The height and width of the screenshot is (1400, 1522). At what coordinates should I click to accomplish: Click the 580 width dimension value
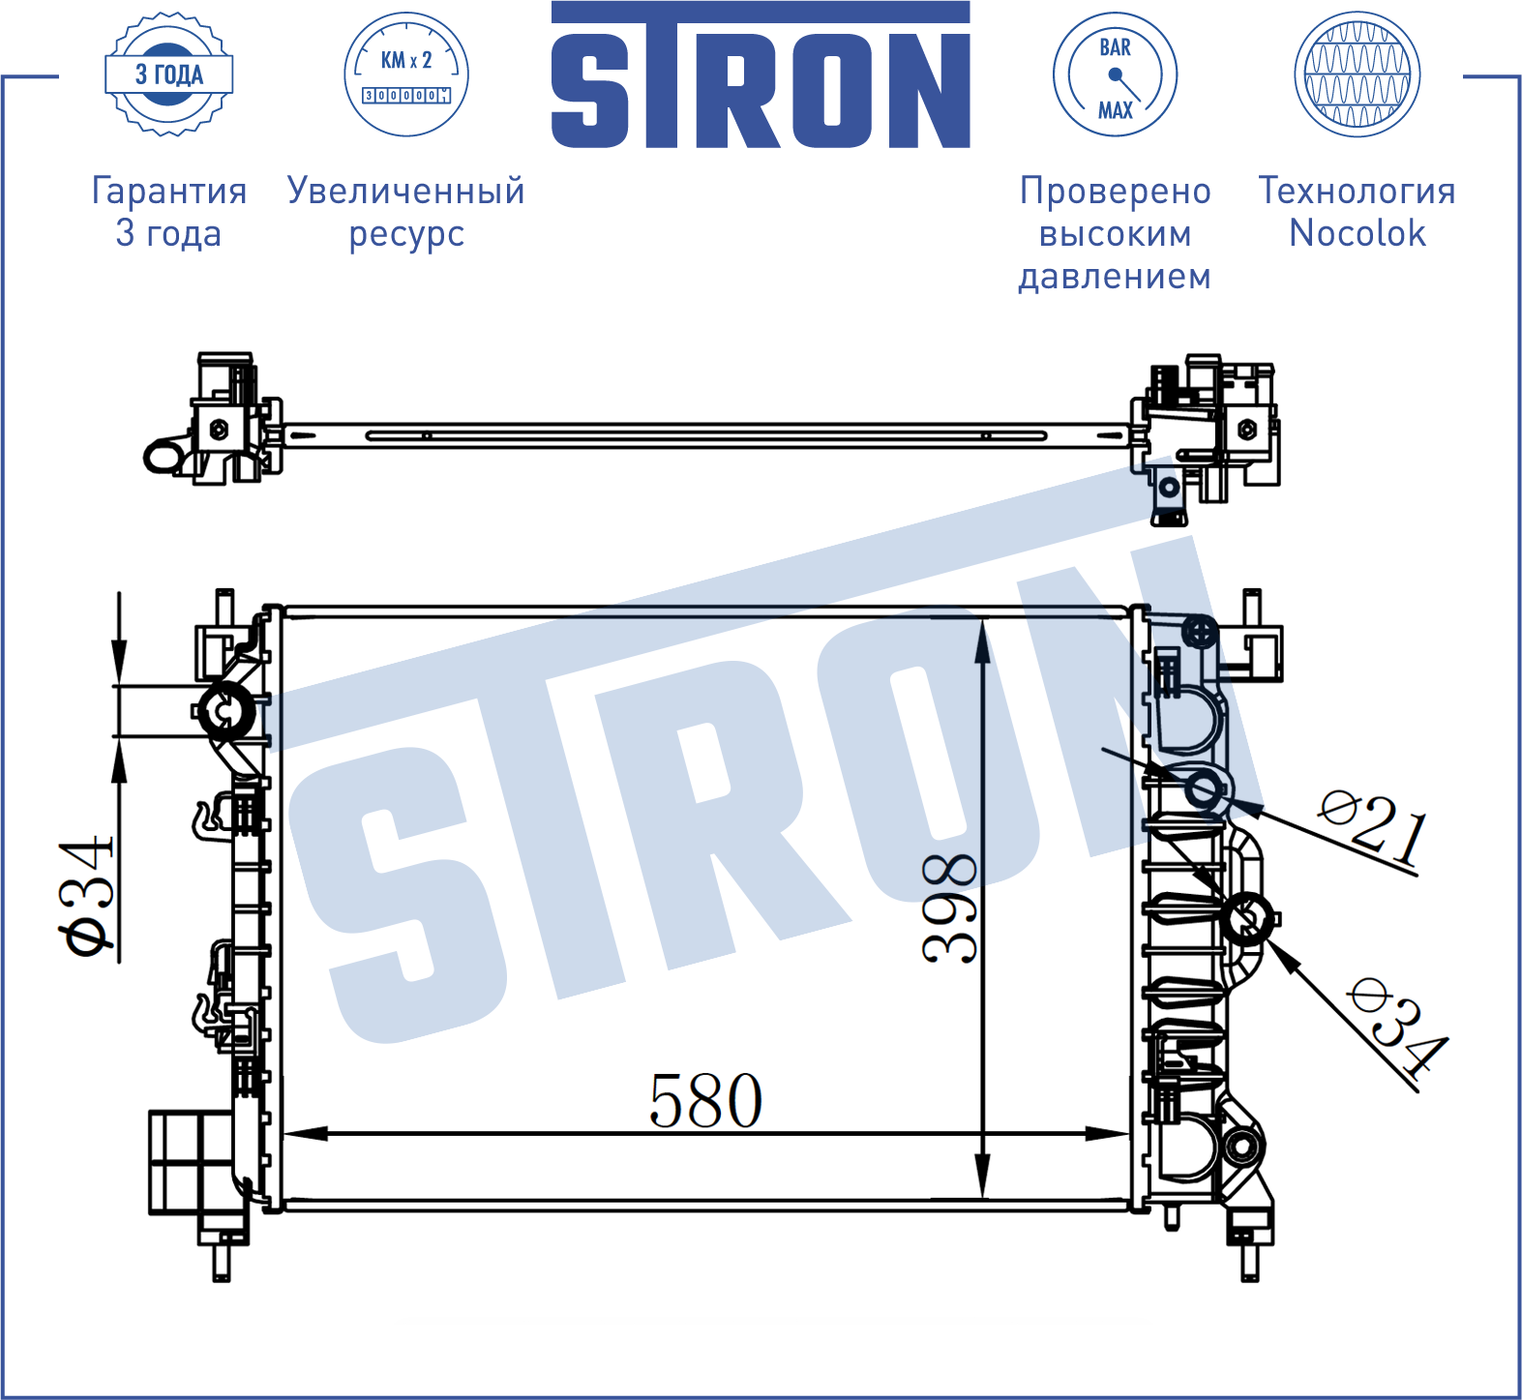(x=705, y=1101)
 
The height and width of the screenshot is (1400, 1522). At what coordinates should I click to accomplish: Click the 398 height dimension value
(x=949, y=909)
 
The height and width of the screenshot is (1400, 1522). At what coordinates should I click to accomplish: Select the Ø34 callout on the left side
(x=87, y=897)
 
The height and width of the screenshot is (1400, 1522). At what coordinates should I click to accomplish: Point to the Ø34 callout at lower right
(x=1397, y=1028)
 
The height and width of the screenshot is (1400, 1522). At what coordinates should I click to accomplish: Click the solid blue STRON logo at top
(x=761, y=74)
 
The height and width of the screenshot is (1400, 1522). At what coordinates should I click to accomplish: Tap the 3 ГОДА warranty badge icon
(x=169, y=74)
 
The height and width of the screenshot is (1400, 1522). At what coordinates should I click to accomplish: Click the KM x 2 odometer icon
(x=406, y=74)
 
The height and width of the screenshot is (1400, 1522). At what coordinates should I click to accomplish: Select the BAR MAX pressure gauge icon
(x=1115, y=74)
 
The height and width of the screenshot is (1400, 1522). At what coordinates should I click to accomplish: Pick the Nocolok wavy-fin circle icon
(x=1358, y=74)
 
